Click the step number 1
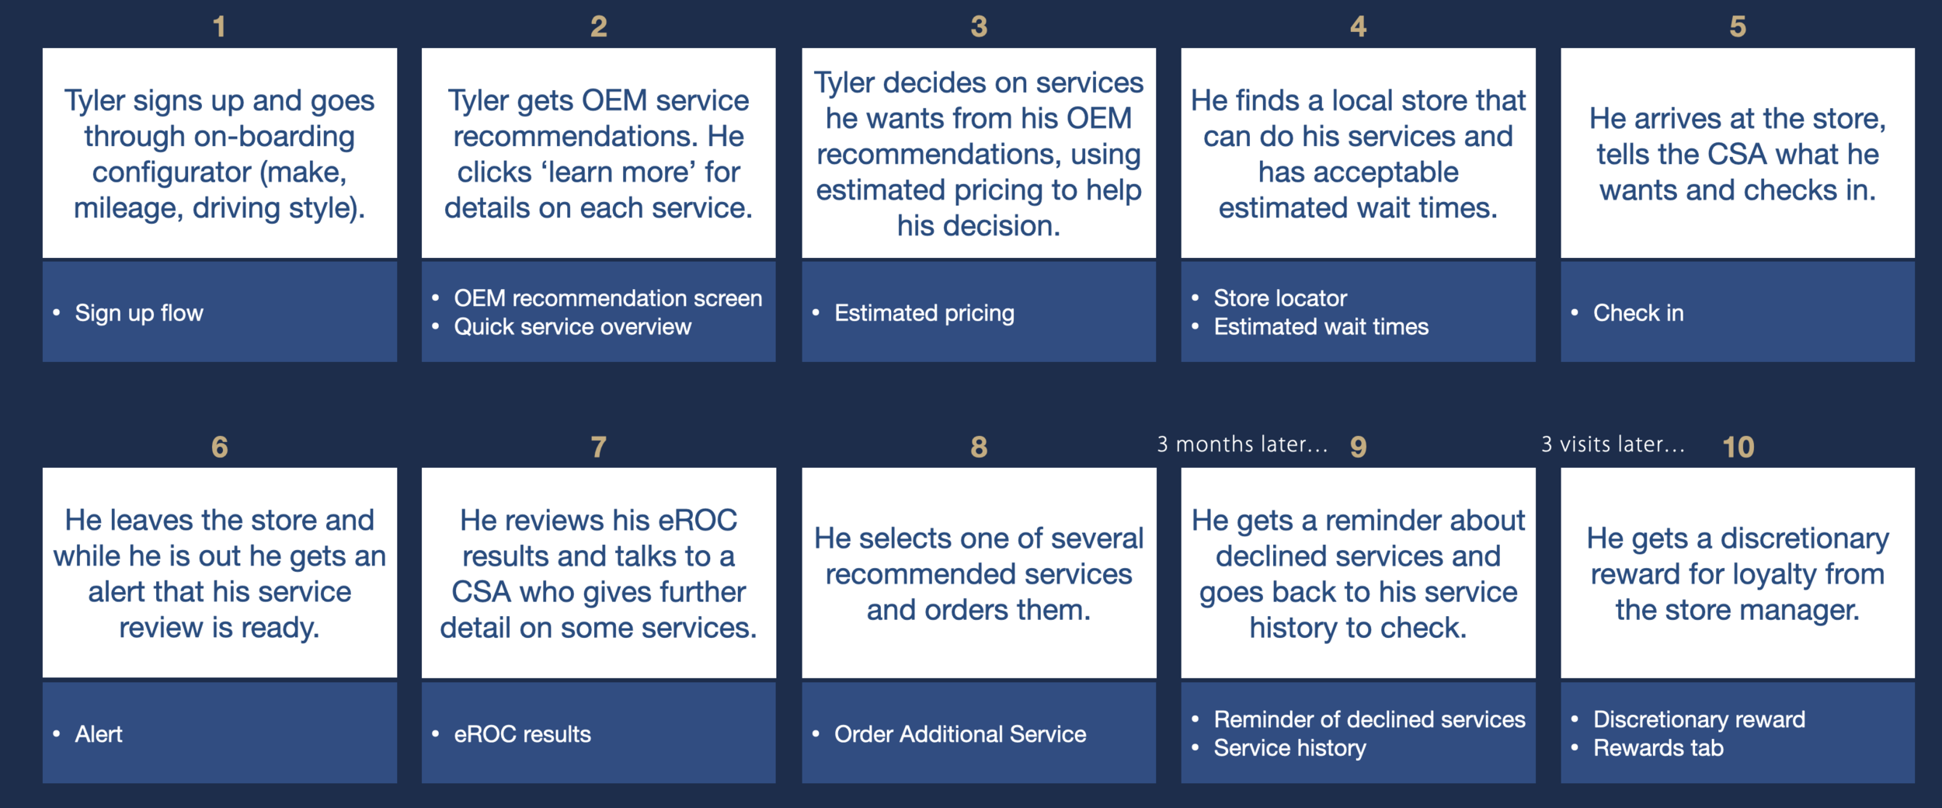(219, 27)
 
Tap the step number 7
(598, 447)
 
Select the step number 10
(1738, 447)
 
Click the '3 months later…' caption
(1242, 444)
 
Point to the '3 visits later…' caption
(1613, 444)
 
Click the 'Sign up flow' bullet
(139, 313)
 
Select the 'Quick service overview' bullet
(573, 327)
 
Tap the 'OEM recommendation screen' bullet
(607, 298)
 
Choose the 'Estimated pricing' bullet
(924, 313)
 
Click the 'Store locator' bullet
(1280, 298)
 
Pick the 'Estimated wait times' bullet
(1321, 327)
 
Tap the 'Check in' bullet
(1638, 313)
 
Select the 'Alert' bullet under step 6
(99, 734)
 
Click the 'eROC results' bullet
(522, 734)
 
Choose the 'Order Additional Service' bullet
(960, 734)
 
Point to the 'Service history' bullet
(1289, 748)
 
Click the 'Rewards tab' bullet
(1658, 748)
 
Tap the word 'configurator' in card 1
(172, 172)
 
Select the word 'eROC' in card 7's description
(697, 521)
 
